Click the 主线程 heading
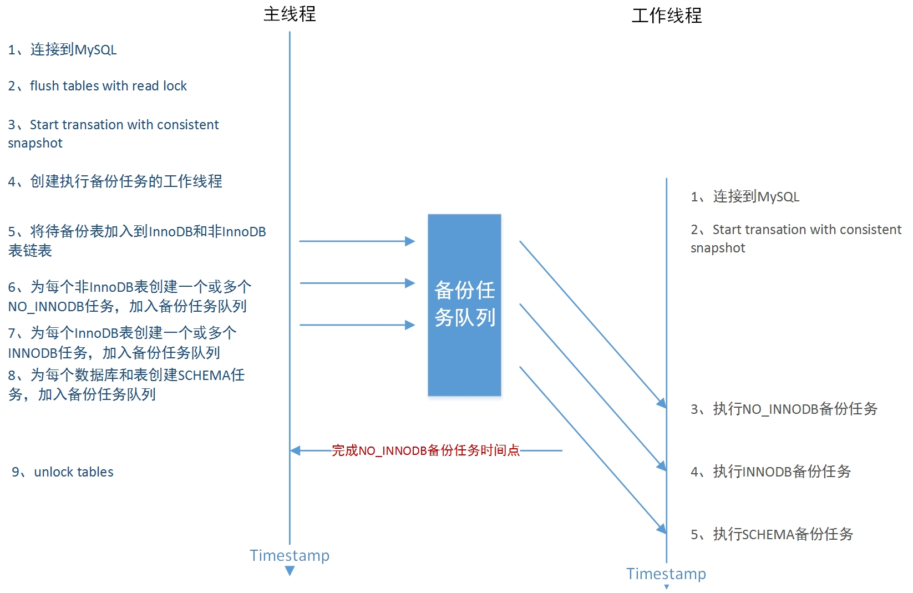290,14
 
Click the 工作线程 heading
666,15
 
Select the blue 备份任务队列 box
464,305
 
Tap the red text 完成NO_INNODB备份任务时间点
425,450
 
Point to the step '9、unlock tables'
63,472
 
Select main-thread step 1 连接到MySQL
62,50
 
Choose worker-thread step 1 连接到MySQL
745,197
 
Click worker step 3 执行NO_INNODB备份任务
784,409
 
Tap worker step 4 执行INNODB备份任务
770,472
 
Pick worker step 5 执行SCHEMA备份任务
772,535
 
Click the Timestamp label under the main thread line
290,555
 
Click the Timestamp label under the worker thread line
666,574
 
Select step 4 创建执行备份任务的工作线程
115,181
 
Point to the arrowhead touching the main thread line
296,450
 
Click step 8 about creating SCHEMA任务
126,384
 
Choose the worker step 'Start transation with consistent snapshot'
795,239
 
